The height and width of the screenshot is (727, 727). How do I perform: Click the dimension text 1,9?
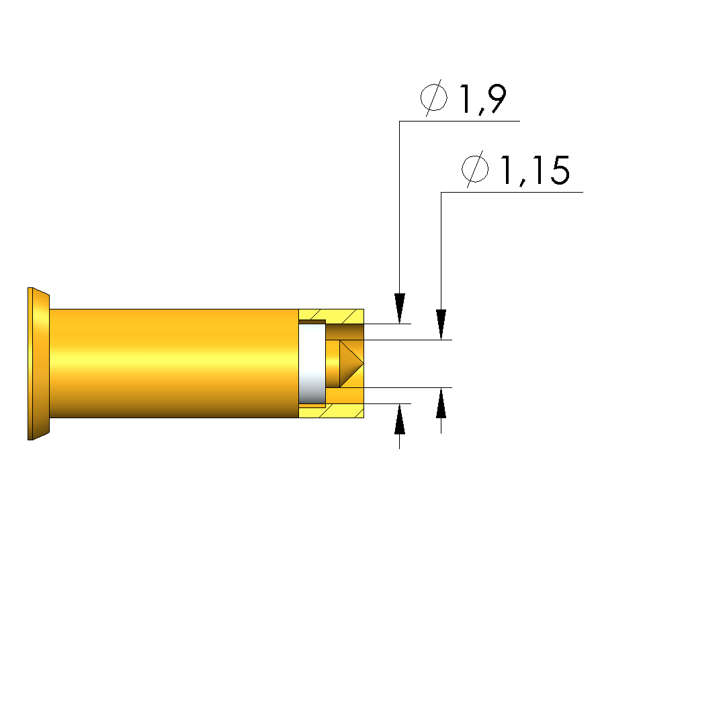click(482, 99)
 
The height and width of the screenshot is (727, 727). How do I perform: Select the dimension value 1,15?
click(534, 171)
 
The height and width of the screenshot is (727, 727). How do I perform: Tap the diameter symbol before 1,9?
click(434, 97)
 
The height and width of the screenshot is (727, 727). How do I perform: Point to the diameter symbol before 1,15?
click(475, 168)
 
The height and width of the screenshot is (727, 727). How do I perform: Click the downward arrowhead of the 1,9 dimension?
click(400, 308)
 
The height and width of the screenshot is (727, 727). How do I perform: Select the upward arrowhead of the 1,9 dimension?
click(400, 419)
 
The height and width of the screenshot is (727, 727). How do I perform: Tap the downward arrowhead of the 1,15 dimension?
click(441, 324)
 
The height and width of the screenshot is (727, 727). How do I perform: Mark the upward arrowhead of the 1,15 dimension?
click(441, 403)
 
